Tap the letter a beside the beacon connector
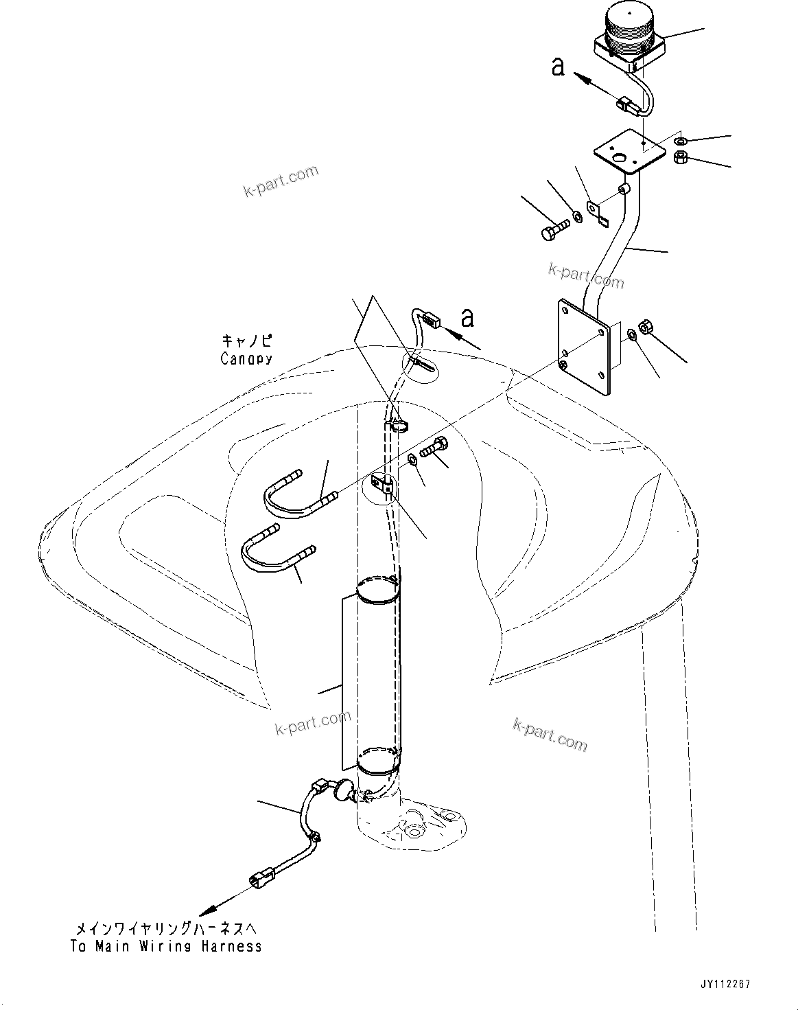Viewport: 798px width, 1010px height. [559, 67]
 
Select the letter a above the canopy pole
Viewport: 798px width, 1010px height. [468, 317]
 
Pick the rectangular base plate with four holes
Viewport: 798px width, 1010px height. [583, 347]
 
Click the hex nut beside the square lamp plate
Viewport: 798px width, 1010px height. [681, 157]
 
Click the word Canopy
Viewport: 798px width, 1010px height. [246, 358]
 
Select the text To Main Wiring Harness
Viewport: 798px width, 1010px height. [166, 946]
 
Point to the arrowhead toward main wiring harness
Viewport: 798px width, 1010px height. [204, 912]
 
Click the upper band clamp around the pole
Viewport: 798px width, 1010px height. [377, 591]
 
